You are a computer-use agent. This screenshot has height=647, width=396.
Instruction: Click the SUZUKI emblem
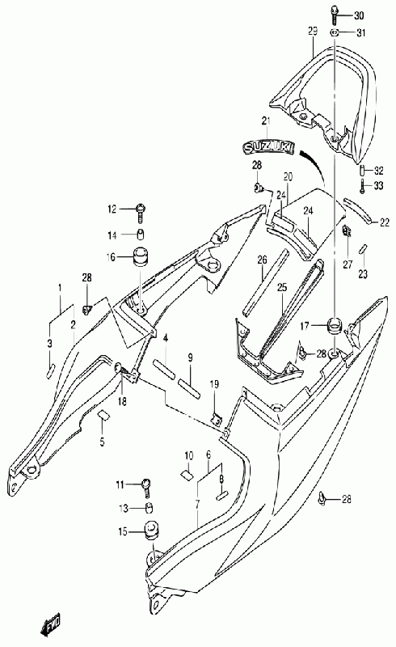(268, 147)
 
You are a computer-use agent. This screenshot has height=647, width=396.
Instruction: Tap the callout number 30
(359, 16)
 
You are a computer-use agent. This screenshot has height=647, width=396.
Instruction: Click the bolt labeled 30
(334, 15)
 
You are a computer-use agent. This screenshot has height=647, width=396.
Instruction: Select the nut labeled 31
(335, 32)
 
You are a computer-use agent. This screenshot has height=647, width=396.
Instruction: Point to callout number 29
(313, 32)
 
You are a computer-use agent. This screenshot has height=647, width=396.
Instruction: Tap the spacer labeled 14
(141, 235)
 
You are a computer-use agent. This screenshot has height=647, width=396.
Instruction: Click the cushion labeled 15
(151, 532)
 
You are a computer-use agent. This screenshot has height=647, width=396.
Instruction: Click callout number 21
(266, 121)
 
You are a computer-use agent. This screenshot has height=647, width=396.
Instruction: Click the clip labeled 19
(215, 420)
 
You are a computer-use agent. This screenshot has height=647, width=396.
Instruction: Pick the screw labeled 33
(362, 186)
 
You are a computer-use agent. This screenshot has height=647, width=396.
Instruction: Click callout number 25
(281, 288)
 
